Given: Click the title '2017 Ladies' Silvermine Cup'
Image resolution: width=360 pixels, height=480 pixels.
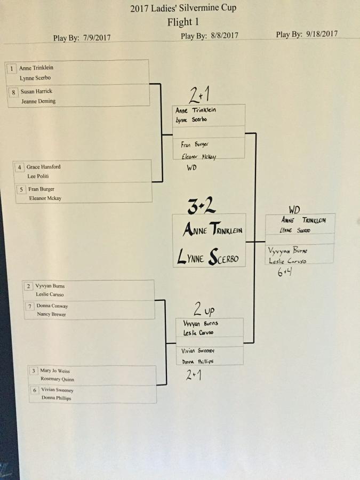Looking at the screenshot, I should point(183,8).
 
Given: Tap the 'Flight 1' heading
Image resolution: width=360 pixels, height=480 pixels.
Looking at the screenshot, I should point(183,22).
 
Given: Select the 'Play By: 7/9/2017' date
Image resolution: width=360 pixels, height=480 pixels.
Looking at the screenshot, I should point(82,38).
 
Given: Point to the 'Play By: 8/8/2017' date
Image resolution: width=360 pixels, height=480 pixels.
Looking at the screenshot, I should point(210,36).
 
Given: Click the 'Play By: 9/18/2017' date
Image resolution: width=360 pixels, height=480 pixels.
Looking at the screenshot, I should point(307,34).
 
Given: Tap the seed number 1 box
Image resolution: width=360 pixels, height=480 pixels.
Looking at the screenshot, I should point(12,68).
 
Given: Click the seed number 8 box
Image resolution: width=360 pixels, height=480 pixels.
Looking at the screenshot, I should point(14,92).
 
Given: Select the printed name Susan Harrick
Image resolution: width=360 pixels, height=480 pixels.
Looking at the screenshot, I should point(36,92).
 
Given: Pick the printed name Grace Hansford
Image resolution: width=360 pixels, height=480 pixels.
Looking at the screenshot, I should point(43,167).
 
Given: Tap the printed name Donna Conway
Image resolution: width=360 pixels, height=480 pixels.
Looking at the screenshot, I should point(52,306).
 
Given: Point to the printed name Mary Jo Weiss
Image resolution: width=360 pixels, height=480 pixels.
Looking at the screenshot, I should point(55,371).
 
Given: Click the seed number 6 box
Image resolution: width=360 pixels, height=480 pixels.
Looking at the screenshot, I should point(35,390).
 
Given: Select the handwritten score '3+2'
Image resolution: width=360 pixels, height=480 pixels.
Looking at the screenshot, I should point(202,206).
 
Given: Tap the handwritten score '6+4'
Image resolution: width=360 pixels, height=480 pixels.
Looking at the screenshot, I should point(284,273).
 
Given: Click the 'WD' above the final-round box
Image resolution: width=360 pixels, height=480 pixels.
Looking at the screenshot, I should point(294,210).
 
